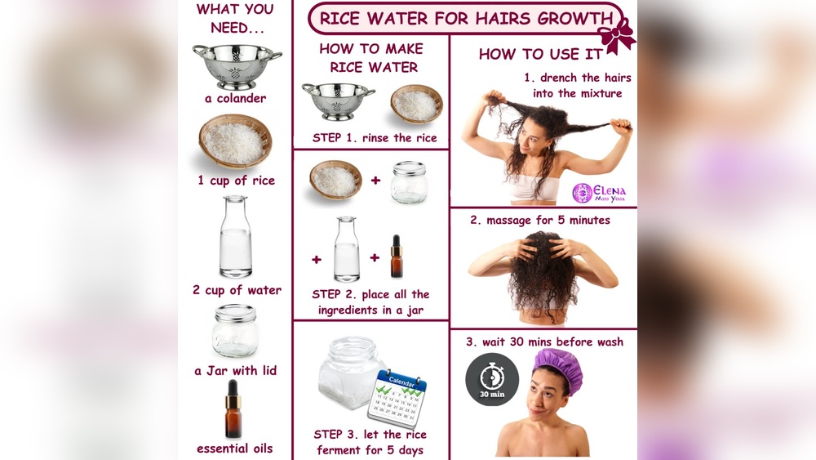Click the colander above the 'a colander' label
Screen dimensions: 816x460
(x=237, y=67)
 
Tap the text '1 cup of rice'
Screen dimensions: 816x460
(x=237, y=181)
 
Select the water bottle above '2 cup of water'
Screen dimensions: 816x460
(x=235, y=236)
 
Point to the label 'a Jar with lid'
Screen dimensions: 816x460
(x=236, y=371)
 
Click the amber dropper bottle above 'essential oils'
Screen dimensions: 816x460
(x=233, y=409)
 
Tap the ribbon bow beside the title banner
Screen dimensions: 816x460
(x=617, y=35)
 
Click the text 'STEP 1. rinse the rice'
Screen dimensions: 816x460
(x=375, y=138)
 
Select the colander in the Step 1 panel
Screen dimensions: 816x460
(x=339, y=101)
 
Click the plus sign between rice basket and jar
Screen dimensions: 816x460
(x=375, y=181)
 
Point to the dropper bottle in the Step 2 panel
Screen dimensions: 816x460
(x=397, y=256)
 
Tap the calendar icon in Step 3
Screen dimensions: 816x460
(x=397, y=397)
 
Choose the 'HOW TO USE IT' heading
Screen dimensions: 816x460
(x=541, y=54)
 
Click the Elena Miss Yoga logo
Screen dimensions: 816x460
(x=599, y=193)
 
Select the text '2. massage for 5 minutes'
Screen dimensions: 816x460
(x=540, y=221)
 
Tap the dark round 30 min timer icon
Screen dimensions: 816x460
(x=492, y=379)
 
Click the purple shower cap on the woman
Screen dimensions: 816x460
(x=558, y=364)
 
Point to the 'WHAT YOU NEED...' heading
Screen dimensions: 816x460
(x=236, y=18)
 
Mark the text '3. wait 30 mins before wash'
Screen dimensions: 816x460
(x=544, y=342)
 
